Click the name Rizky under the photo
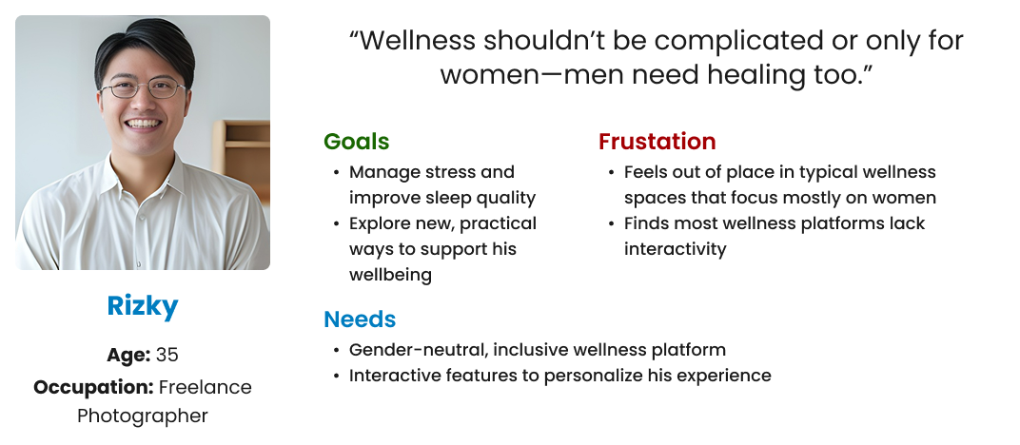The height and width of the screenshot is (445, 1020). pyautogui.click(x=143, y=306)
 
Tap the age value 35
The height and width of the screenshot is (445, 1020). pyautogui.click(x=167, y=355)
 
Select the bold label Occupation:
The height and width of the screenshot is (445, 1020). pyautogui.click(x=93, y=388)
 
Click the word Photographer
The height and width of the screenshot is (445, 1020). pyautogui.click(x=143, y=416)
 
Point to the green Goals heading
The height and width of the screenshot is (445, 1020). pyautogui.click(x=357, y=141)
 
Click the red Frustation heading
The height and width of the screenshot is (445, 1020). pyautogui.click(x=657, y=141)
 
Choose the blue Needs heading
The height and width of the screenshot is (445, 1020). pyautogui.click(x=360, y=319)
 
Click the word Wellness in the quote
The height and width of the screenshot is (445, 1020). pyautogui.click(x=418, y=41)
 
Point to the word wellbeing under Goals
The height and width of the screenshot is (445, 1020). pyautogui.click(x=390, y=275)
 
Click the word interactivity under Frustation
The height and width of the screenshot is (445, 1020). pyautogui.click(x=676, y=249)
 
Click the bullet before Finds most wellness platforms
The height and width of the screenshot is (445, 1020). pyautogui.click(x=612, y=224)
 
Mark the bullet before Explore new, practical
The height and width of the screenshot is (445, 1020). pyautogui.click(x=336, y=224)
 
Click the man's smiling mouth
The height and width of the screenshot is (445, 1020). pyautogui.click(x=143, y=124)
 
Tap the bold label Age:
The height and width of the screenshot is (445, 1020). pyautogui.click(x=128, y=356)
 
